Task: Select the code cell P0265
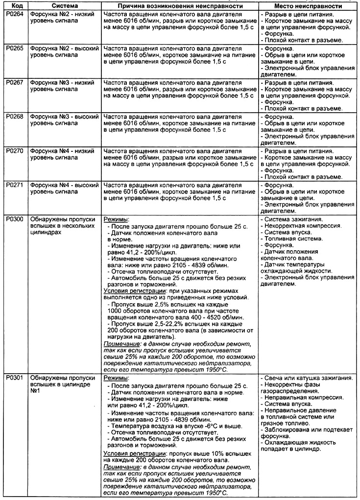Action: coord(13,49)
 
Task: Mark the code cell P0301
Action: coord(13,379)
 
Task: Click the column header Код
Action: coord(13,6)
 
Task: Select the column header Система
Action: coord(64,6)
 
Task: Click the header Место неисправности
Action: coord(308,6)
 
